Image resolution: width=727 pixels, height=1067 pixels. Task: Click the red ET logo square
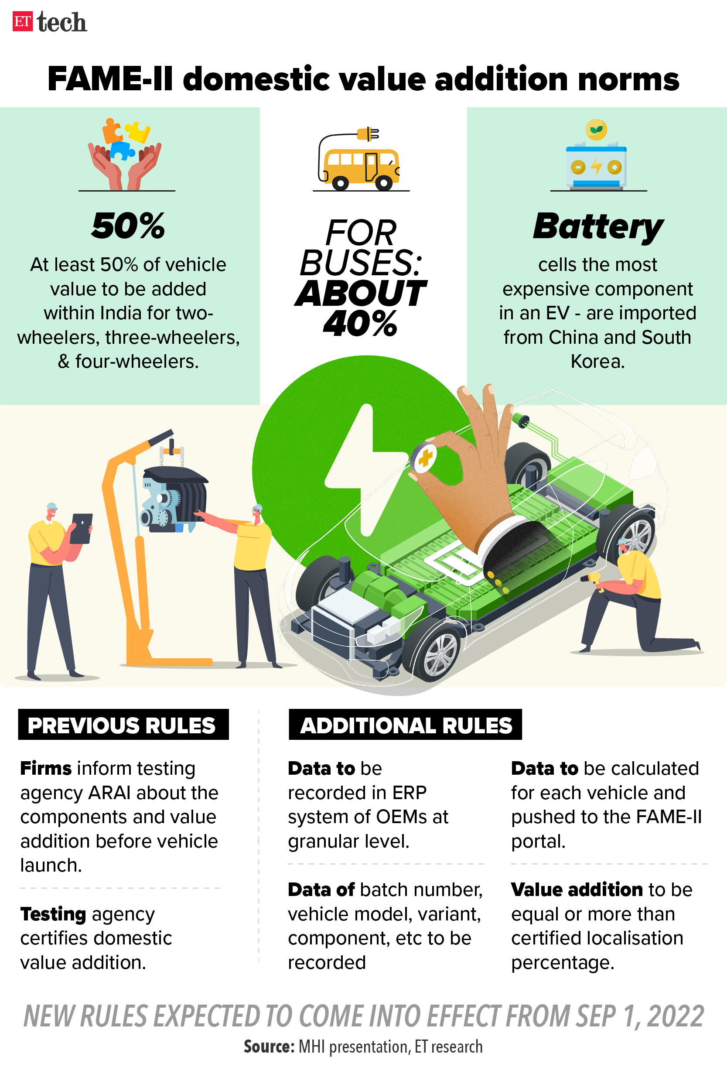pyautogui.click(x=23, y=21)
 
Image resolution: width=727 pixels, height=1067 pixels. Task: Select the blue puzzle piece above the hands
pyautogui.click(x=122, y=150)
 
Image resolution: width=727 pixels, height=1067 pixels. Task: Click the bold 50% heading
pyautogui.click(x=128, y=226)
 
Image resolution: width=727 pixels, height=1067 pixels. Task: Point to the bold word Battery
pyautogui.click(x=598, y=227)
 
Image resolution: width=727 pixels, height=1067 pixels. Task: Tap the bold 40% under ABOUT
pyautogui.click(x=360, y=323)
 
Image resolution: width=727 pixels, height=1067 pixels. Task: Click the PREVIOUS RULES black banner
pyautogui.click(x=123, y=724)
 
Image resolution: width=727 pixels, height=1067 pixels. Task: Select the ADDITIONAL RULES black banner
pyautogui.click(x=405, y=724)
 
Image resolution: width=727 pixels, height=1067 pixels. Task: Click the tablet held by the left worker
pyautogui.click(x=81, y=528)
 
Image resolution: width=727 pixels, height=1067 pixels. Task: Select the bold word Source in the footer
pyautogui.click(x=269, y=1046)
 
